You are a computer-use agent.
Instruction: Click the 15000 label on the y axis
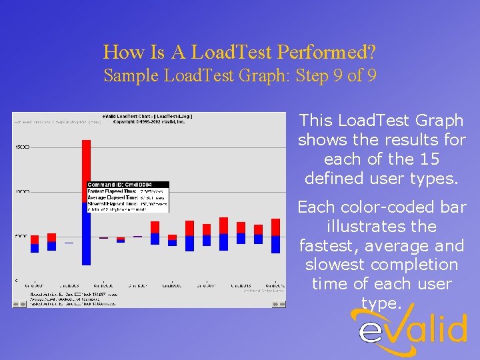20,146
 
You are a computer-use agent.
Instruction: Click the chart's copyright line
153,121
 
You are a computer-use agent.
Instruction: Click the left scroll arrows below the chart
18,304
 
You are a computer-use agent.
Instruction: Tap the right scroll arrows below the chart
280,304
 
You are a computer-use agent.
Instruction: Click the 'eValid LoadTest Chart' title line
153,116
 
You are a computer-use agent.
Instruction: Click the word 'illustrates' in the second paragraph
382,227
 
